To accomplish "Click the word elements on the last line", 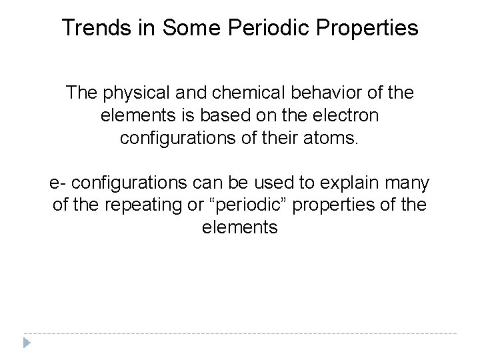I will click(239, 228).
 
